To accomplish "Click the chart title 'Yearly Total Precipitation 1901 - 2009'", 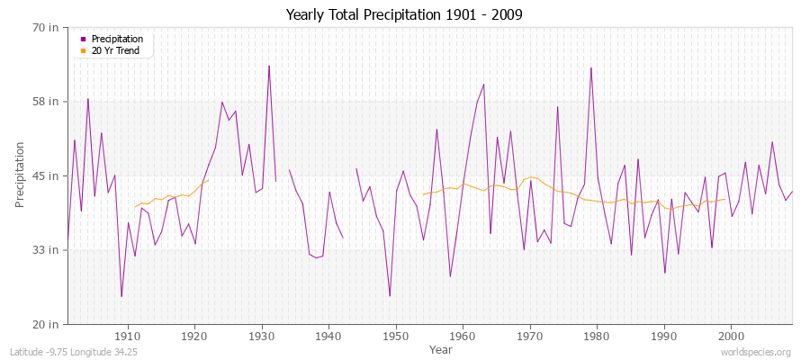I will coord(404,14).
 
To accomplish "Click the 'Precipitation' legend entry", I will coord(117,39).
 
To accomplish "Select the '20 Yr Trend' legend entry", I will coord(115,50).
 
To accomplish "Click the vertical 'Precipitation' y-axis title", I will coord(20,175).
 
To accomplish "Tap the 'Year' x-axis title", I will coord(441,348).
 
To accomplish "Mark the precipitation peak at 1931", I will coord(268,66).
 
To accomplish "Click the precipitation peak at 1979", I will coord(590,67).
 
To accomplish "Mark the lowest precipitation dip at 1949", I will coord(390,295).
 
